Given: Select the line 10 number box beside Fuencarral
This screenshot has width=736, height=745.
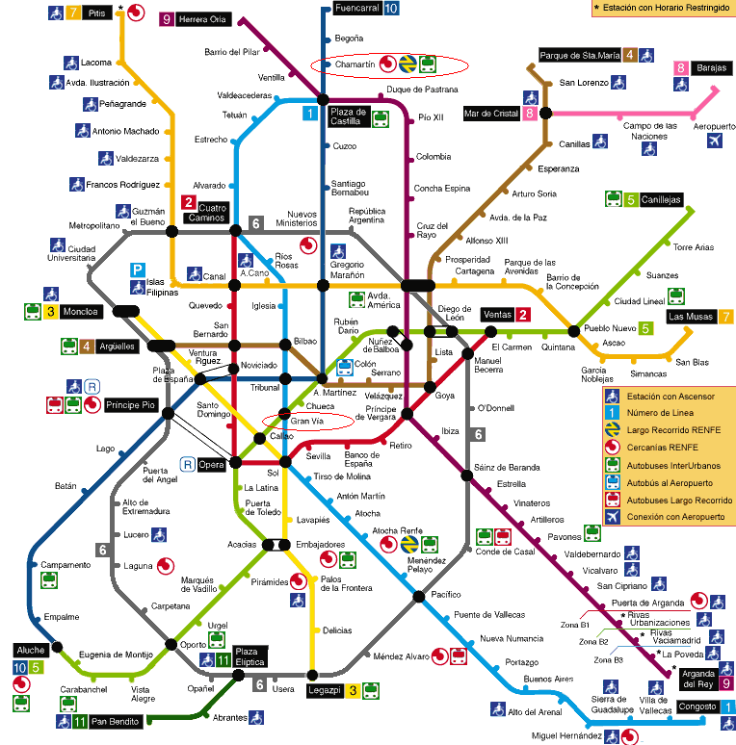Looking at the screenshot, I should point(390,8).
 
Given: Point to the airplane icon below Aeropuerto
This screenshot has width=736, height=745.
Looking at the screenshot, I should point(715,141).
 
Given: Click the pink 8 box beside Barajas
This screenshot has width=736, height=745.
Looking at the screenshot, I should point(681,68).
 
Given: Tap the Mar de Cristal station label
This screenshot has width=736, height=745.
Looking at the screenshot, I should point(491,114).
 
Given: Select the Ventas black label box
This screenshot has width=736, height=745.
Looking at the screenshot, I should point(497,315).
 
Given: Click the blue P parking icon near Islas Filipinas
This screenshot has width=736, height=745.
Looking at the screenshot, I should point(138,270).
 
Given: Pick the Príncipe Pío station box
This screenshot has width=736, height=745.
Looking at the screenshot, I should point(131,404).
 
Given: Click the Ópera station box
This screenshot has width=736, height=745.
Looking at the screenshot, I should point(212,465).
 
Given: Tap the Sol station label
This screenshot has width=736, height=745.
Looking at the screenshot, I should point(273,474).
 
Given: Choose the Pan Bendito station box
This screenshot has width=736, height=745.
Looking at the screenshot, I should point(114,721).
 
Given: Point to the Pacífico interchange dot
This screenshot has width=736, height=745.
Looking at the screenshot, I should point(418,596).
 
